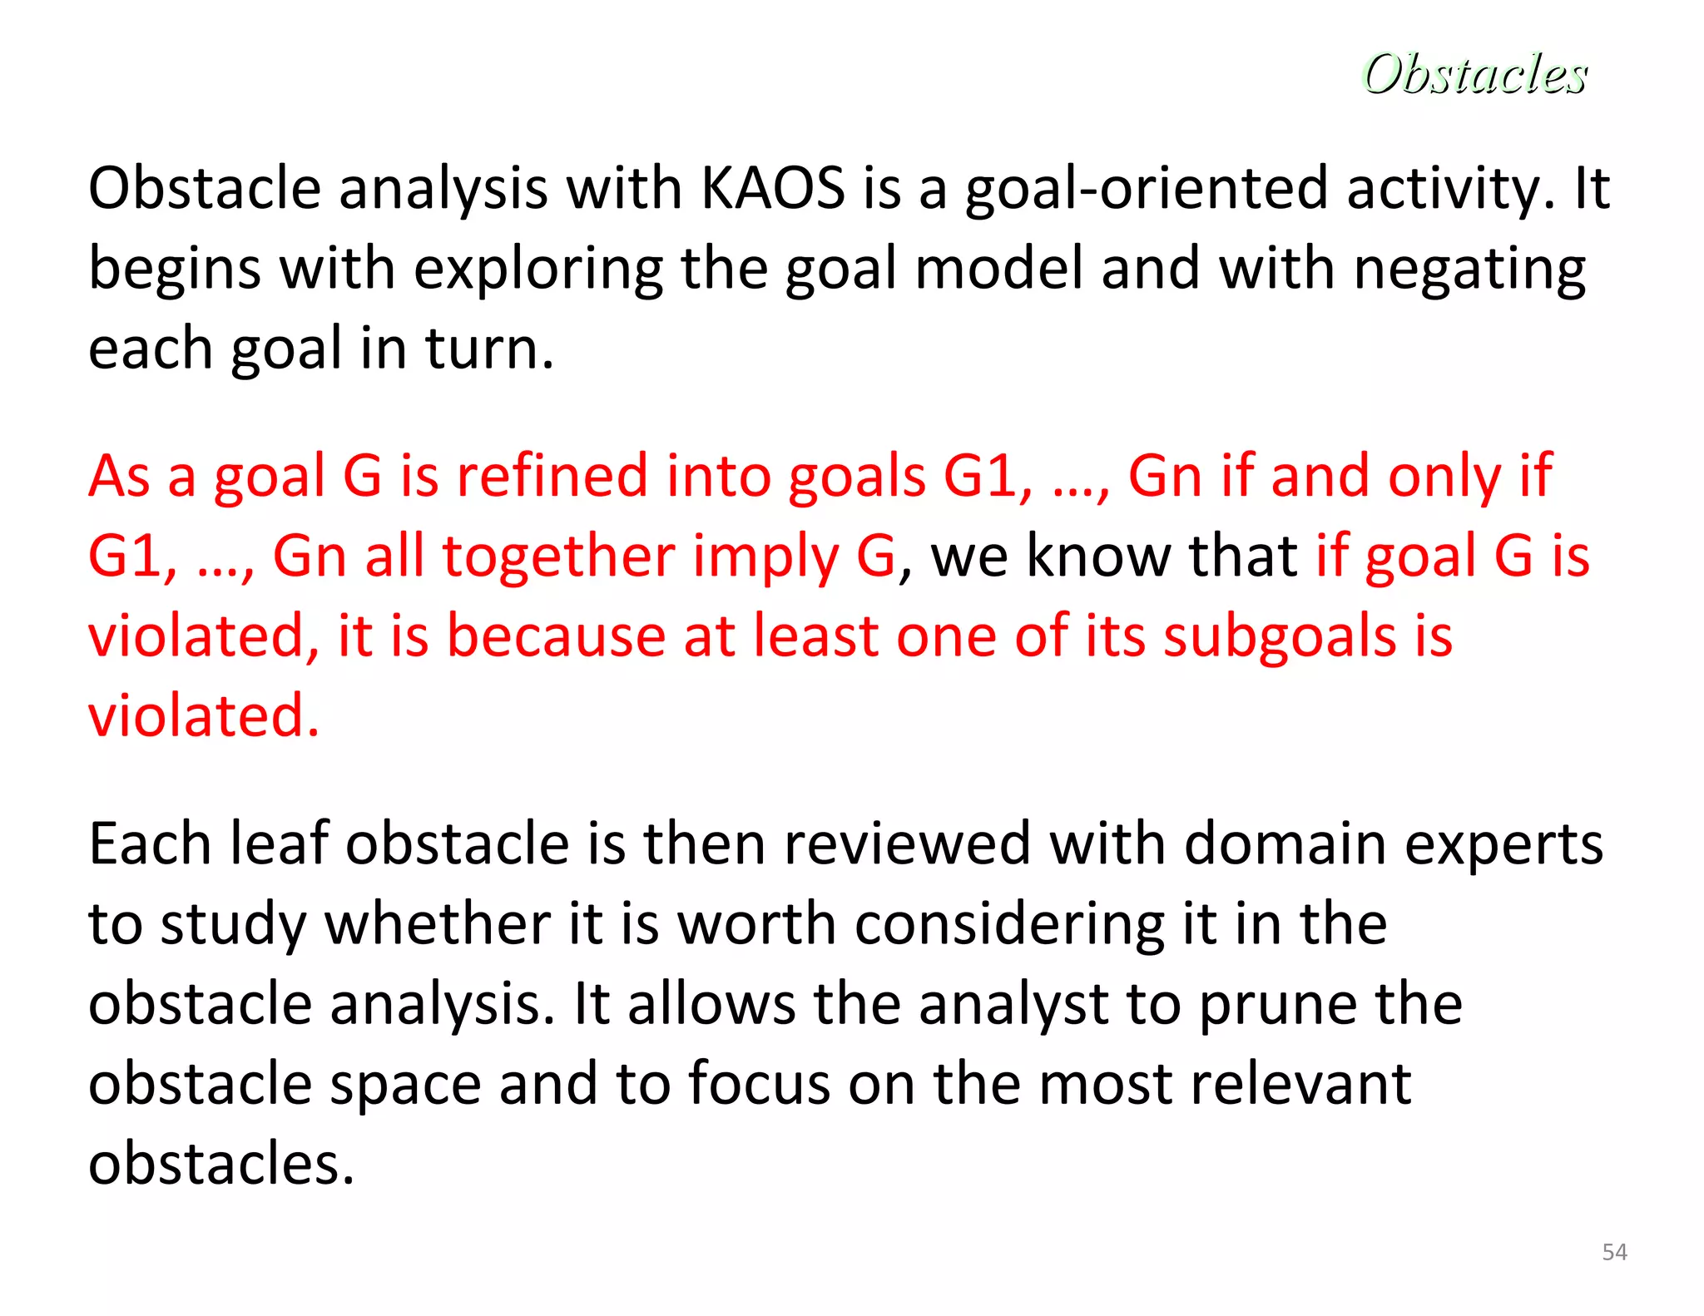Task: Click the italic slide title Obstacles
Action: coord(1474,74)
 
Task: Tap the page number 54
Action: coord(1614,1252)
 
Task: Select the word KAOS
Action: coord(773,188)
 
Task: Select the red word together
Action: coord(558,557)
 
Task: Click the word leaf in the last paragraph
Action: coord(279,844)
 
